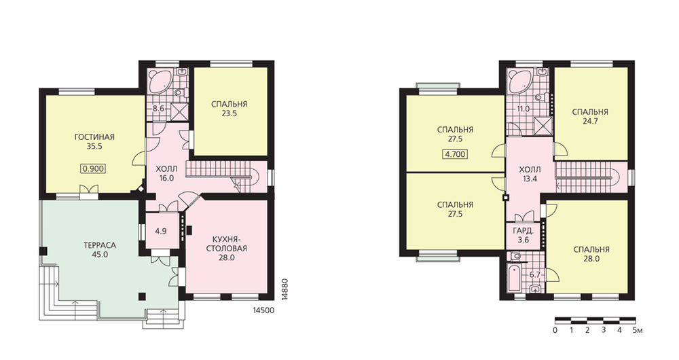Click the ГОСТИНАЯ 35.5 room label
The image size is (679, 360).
click(x=94, y=142)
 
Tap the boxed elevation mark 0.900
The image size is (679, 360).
click(x=93, y=168)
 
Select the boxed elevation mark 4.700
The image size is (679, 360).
click(x=455, y=154)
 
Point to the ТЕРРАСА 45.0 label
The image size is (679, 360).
click(x=100, y=250)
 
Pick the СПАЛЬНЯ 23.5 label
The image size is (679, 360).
click(x=229, y=109)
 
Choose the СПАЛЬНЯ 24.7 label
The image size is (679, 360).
click(x=590, y=117)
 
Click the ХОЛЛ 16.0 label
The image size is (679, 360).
click(x=166, y=173)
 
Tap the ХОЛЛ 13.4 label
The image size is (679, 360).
click(x=530, y=174)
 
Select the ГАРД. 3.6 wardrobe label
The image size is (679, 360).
click(x=523, y=235)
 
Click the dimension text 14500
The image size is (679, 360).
click(x=263, y=310)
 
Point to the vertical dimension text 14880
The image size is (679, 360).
click(x=285, y=289)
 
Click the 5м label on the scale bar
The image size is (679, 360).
click(x=637, y=331)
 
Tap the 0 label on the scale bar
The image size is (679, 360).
click(x=555, y=331)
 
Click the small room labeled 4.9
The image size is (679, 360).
click(x=161, y=230)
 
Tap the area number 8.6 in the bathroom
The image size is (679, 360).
click(x=158, y=108)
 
